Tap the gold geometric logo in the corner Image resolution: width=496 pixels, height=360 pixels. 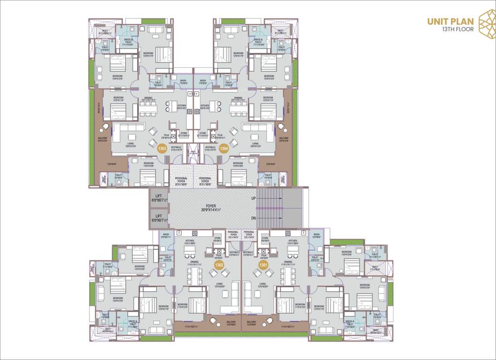point(486,24)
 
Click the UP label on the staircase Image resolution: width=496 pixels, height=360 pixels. point(254,198)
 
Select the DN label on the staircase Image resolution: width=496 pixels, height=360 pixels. point(254,218)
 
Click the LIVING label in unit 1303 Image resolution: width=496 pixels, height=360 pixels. point(130,144)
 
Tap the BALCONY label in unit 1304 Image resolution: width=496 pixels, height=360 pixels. point(284,138)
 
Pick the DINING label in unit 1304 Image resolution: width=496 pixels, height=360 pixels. point(238,97)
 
